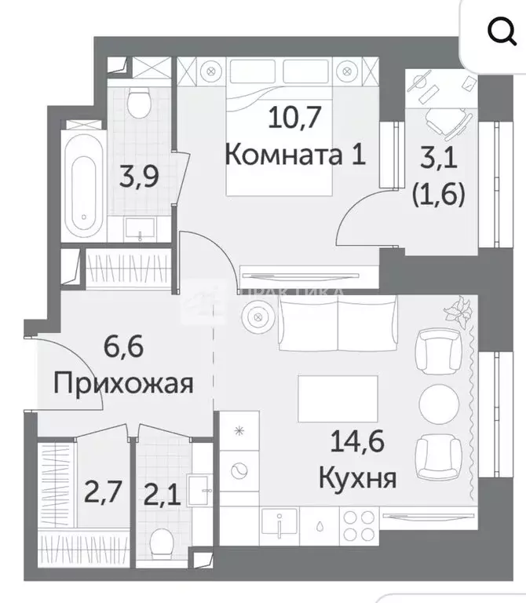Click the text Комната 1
point(295,154)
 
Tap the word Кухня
point(356,475)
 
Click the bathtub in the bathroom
point(81,183)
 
